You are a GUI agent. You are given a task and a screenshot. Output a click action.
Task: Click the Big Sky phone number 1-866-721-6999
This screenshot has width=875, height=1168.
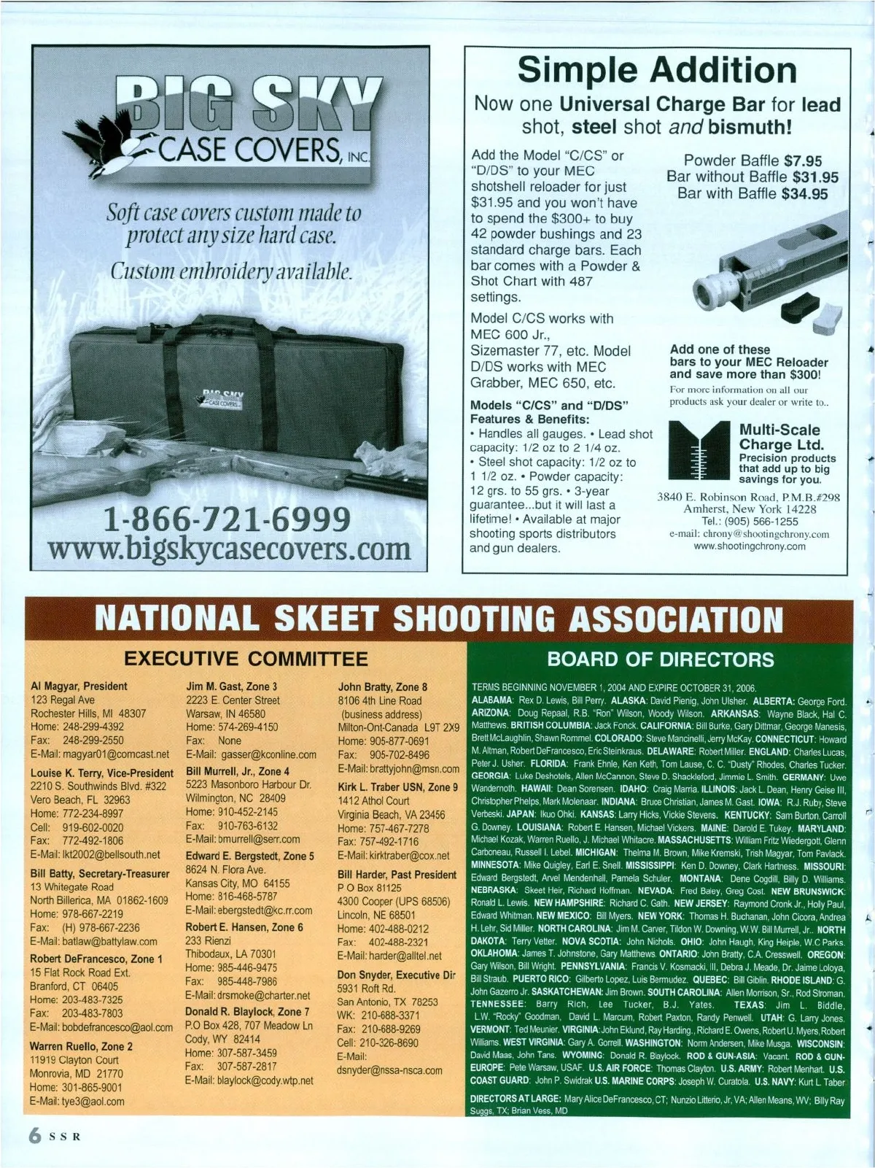coord(227,519)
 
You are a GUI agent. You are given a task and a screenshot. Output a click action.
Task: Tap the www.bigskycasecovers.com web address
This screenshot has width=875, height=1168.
coord(227,549)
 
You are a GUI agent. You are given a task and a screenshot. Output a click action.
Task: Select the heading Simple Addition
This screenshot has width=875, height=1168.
coord(657,70)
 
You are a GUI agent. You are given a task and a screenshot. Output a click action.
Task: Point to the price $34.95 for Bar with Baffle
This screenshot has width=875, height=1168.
coord(804,194)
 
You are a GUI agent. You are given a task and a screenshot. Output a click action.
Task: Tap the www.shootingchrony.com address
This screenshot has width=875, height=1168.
coord(749,546)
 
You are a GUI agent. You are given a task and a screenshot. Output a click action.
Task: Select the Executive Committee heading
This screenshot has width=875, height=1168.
coord(246,660)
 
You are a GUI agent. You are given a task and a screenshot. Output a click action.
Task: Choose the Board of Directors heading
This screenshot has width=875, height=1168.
coord(660,660)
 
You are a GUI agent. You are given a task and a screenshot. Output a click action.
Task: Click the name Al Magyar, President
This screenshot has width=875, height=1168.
coord(79,687)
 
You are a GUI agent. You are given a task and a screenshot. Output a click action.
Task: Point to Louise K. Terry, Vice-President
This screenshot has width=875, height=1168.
coord(102,773)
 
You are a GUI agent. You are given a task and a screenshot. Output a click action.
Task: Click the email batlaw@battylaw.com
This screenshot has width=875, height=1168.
coord(93,942)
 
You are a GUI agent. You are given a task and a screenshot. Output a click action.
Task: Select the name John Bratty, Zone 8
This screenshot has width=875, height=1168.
coord(383,687)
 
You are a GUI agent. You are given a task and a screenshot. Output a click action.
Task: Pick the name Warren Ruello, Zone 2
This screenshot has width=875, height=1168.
coord(82,1046)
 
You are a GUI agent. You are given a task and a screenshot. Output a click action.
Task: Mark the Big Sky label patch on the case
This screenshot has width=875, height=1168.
coord(220,398)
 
